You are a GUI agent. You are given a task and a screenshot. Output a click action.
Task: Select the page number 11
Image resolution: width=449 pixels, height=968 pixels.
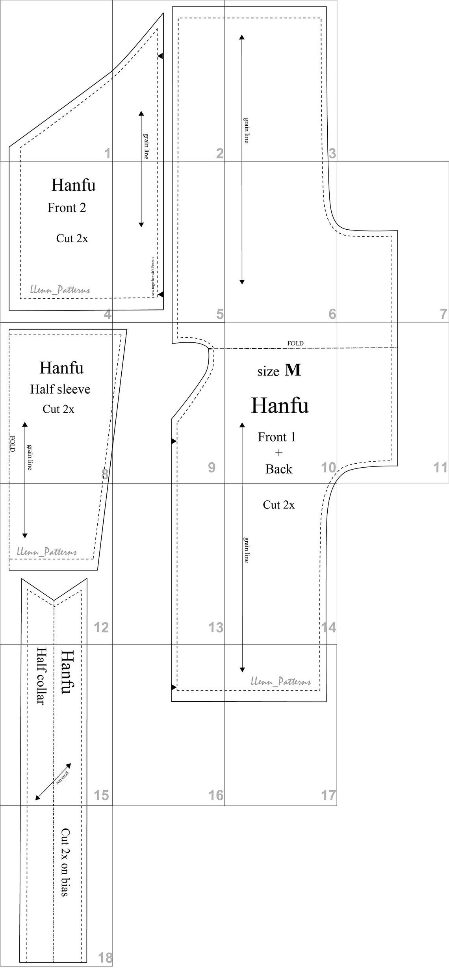pos(440,467)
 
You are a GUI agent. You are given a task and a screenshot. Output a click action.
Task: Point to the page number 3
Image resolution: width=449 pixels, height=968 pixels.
pos(332,153)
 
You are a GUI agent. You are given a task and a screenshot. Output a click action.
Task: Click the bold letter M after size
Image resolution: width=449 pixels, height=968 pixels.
pos(293,370)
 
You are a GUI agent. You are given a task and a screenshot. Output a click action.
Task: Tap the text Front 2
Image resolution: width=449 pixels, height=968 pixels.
pos(67,208)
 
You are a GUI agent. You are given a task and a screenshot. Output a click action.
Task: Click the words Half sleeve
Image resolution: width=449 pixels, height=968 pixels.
pos(60,389)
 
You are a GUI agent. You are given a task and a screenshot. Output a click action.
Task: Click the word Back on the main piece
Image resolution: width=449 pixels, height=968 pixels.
pos(278,469)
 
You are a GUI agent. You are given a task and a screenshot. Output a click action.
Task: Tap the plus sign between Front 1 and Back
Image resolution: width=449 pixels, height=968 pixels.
pos(279,453)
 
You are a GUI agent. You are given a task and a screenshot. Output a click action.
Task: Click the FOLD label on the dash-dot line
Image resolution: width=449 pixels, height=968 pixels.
pos(295,344)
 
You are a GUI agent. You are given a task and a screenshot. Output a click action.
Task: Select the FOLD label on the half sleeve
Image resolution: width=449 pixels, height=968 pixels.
pos(12,443)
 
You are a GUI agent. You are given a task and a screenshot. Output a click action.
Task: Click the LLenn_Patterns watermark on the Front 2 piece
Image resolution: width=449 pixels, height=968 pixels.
pos(60,290)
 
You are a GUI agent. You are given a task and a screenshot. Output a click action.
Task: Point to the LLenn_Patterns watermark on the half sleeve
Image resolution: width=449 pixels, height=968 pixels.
pos(46,552)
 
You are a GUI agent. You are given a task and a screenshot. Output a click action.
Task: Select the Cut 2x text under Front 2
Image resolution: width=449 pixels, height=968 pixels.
pos(72,238)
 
